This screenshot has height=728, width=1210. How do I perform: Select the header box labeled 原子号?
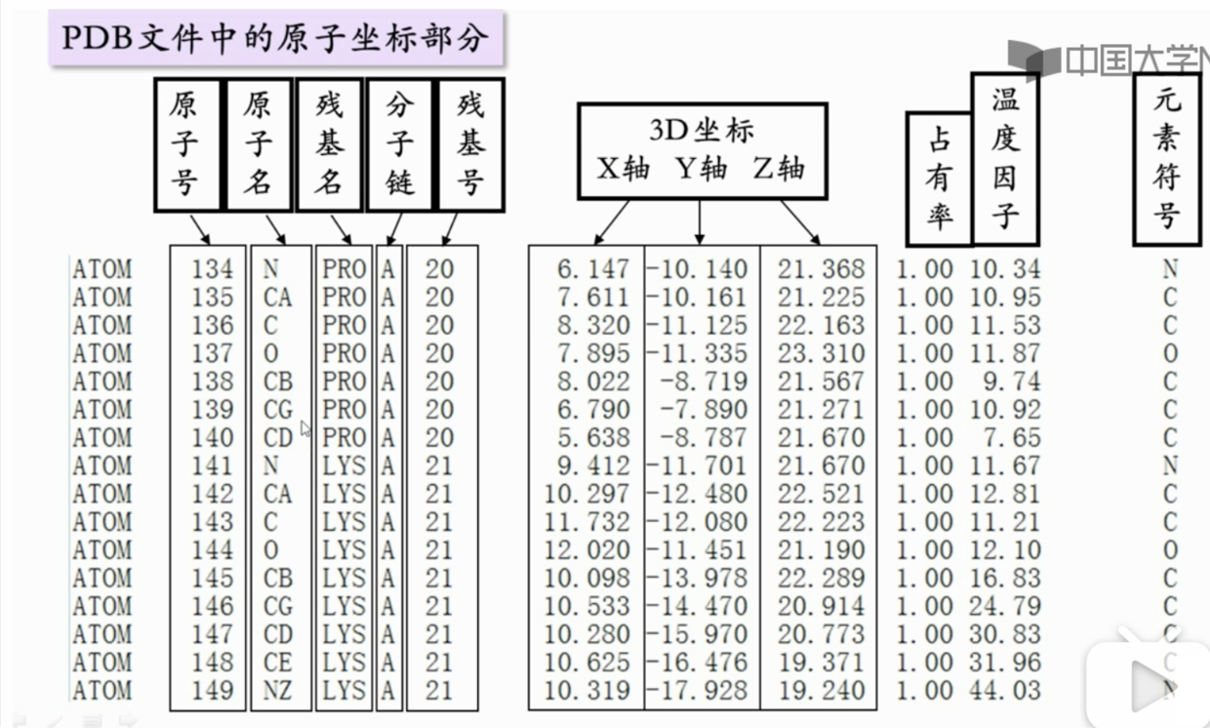185,144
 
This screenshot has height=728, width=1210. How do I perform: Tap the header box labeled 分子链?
399,144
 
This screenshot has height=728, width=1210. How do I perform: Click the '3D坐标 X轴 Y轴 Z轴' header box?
701,150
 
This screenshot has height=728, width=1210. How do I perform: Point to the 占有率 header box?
939,179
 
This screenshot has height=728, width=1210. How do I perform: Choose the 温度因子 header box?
1004,158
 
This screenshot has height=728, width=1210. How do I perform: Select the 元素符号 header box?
1166,158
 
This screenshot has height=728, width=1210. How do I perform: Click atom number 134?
212,268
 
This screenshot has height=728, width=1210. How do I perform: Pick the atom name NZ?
278,691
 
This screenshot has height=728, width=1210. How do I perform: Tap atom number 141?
212,465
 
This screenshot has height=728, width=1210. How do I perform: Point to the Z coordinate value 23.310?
821,353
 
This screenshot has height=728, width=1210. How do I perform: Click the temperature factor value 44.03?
1005,691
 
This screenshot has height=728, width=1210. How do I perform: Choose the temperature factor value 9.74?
1013,382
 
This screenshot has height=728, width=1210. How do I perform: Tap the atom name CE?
278,663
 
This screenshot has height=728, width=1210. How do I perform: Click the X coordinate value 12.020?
587,550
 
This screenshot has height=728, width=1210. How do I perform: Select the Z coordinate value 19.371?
821,663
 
